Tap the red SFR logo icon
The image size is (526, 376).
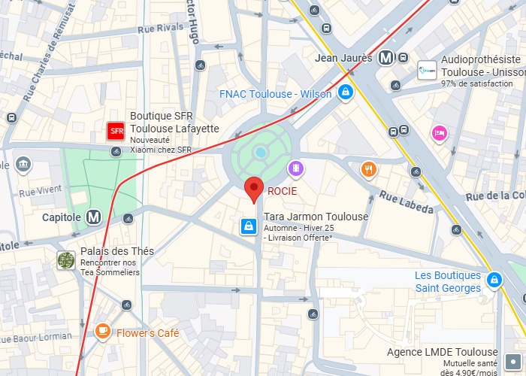116,132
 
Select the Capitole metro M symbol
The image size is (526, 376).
94,217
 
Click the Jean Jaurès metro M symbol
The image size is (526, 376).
386,57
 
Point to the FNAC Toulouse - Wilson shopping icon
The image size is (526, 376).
345,93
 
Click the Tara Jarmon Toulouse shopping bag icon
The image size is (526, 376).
248,226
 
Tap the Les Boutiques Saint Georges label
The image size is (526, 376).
448,281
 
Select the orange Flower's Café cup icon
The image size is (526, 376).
102,331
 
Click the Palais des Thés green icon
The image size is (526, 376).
66,259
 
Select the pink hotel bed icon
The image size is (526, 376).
439,134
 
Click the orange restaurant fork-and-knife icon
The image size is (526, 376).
367,169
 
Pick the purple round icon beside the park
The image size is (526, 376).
297,168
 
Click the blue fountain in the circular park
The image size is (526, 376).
261,152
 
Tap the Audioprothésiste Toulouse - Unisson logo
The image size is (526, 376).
427,71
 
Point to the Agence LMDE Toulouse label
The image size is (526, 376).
442,352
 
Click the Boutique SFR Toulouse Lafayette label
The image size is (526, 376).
174,123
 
